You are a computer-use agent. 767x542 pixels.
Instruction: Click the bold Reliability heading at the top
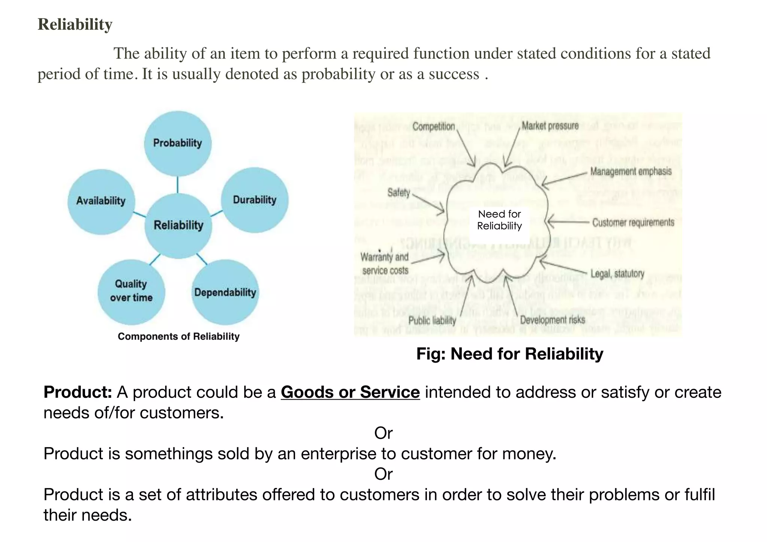pyautogui.click(x=75, y=24)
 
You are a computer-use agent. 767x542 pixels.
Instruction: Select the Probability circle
pyautogui.click(x=178, y=143)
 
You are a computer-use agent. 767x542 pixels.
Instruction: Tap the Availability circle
pyautogui.click(x=101, y=201)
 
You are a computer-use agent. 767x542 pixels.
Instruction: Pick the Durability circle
pyautogui.click(x=255, y=200)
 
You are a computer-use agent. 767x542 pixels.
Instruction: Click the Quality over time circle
pyautogui.click(x=131, y=291)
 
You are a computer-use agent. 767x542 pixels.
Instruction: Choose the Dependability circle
pyautogui.click(x=225, y=293)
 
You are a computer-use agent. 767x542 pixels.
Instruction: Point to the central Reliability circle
pyautogui.click(x=178, y=225)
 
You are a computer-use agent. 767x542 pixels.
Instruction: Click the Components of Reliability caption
pyautogui.click(x=179, y=336)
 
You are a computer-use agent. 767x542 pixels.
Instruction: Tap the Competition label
pyautogui.click(x=434, y=127)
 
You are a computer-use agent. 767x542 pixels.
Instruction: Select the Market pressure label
pyautogui.click(x=550, y=126)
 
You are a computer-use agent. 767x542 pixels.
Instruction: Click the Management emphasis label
pyautogui.click(x=631, y=172)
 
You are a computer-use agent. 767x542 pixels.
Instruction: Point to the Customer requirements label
pyautogui.click(x=633, y=222)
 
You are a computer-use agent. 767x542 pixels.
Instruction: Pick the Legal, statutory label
pyautogui.click(x=617, y=274)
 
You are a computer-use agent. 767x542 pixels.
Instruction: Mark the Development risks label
pyautogui.click(x=552, y=320)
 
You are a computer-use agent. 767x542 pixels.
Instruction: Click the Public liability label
pyautogui.click(x=432, y=321)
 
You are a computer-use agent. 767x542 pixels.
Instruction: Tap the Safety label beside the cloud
pyautogui.click(x=399, y=193)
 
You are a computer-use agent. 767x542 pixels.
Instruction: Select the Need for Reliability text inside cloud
pyautogui.click(x=500, y=220)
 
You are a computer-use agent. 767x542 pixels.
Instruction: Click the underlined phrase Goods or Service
pyautogui.click(x=350, y=392)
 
